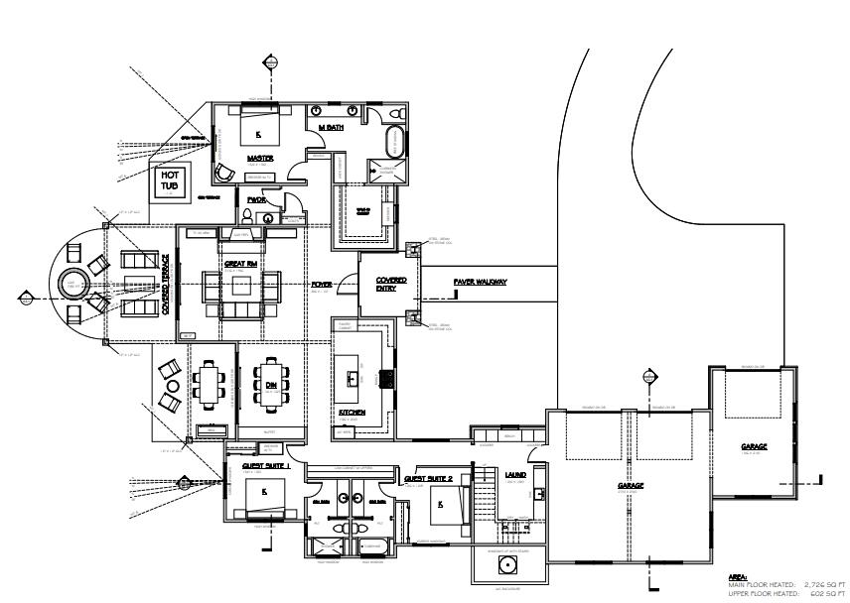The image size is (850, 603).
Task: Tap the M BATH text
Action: coord(331,128)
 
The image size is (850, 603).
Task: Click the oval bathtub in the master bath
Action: coord(391,141)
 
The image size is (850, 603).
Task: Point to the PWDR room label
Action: coord(257,199)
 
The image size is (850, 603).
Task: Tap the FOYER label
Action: coord(322,285)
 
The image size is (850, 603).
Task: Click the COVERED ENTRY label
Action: coord(390,285)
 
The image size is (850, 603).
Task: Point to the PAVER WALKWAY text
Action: coord(481,282)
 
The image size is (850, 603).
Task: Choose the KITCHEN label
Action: coord(352,412)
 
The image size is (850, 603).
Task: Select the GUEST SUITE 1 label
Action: coord(265,465)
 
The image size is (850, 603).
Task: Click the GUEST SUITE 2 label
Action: coord(429,478)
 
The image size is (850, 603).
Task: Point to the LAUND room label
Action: coord(515,475)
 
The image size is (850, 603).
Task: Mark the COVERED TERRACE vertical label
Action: coord(166,285)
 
